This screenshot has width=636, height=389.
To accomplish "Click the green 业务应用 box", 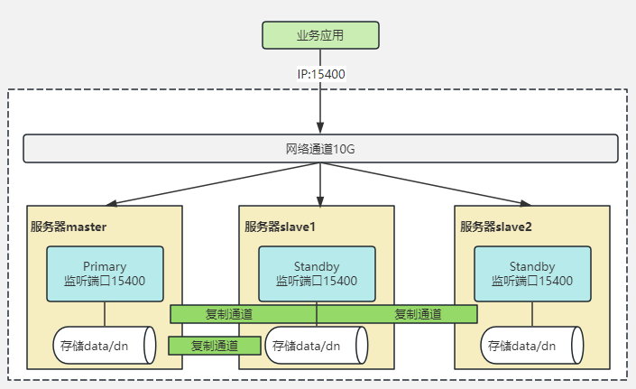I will click(320, 35).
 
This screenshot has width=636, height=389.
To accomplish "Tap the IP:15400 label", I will click(320, 74).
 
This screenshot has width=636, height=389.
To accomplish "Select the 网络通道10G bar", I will click(320, 149).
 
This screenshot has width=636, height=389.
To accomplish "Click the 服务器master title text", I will click(69, 227).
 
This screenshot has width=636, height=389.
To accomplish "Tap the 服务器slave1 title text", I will click(280, 227).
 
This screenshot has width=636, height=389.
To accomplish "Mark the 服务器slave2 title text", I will click(496, 227).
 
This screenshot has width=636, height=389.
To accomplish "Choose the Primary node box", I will click(105, 273).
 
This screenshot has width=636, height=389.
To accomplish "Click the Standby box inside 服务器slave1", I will click(316, 273).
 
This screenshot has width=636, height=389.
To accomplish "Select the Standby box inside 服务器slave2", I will click(531, 273).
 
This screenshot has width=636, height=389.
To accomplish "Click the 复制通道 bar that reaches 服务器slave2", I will click(418, 314).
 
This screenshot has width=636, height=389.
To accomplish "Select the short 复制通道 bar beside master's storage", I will click(214, 346).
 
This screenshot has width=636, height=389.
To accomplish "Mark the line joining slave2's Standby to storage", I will click(531, 316).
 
